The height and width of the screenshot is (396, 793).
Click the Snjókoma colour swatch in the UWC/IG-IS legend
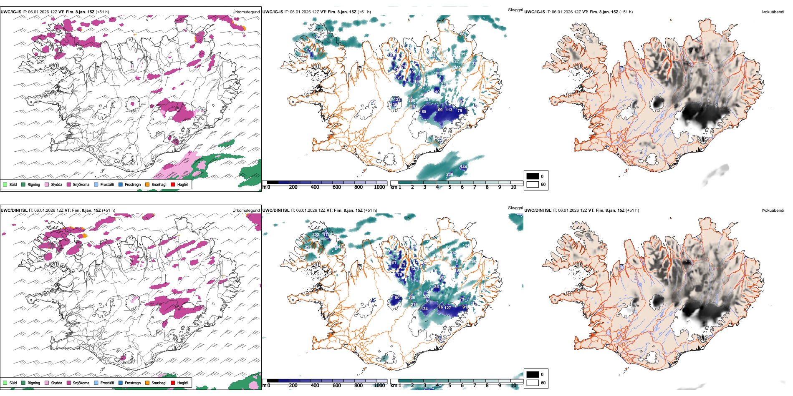(x=69, y=184)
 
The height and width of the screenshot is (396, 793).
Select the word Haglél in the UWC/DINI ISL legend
(x=182, y=383)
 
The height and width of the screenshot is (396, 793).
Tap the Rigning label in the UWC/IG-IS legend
(x=34, y=184)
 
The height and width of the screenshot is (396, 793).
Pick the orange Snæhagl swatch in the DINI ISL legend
(x=147, y=383)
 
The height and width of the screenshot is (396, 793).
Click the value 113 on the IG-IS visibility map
(x=449, y=110)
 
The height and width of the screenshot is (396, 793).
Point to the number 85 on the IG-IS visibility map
(x=424, y=112)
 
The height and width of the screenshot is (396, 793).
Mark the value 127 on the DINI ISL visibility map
(x=448, y=308)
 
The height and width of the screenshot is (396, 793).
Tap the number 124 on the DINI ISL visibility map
(x=424, y=309)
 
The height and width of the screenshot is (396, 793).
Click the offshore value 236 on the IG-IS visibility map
(x=450, y=175)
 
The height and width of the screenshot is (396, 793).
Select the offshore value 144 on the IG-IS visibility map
(x=463, y=167)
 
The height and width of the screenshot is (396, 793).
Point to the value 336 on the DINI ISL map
(x=412, y=297)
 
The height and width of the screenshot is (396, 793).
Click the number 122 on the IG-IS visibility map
(x=397, y=100)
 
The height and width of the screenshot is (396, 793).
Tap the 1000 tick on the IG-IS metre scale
(x=379, y=187)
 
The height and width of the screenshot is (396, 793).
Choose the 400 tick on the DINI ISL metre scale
(x=315, y=386)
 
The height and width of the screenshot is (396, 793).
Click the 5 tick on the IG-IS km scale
(x=450, y=187)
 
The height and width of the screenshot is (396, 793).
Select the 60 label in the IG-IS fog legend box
(x=543, y=184)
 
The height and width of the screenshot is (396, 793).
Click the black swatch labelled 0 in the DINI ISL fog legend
(x=533, y=374)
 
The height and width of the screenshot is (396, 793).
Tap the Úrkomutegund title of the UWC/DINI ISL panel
(x=246, y=210)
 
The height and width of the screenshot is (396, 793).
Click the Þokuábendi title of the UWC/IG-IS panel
(x=773, y=12)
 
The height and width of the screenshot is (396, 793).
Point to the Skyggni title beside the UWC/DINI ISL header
(x=515, y=208)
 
